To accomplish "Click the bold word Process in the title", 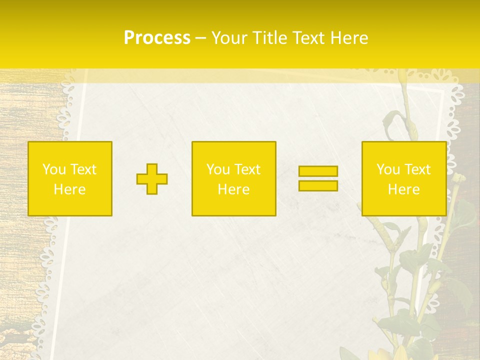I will [157, 38].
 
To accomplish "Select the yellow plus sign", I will [152, 179].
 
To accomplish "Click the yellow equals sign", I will [318, 178].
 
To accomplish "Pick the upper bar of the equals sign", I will [318, 171].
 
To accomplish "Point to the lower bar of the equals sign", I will [318, 186].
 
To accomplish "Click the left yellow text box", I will [70, 179].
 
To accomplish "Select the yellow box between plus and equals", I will [234, 179].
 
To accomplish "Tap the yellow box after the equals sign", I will [404, 179].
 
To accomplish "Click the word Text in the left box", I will [83, 169].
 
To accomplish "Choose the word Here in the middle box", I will [234, 189].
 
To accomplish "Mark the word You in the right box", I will [387, 169].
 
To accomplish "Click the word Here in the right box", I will [404, 189].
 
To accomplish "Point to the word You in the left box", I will [53, 169].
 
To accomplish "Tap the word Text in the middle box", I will [247, 169].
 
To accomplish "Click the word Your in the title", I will [228, 38].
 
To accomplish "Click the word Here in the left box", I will [70, 189].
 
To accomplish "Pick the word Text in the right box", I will [417, 169].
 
